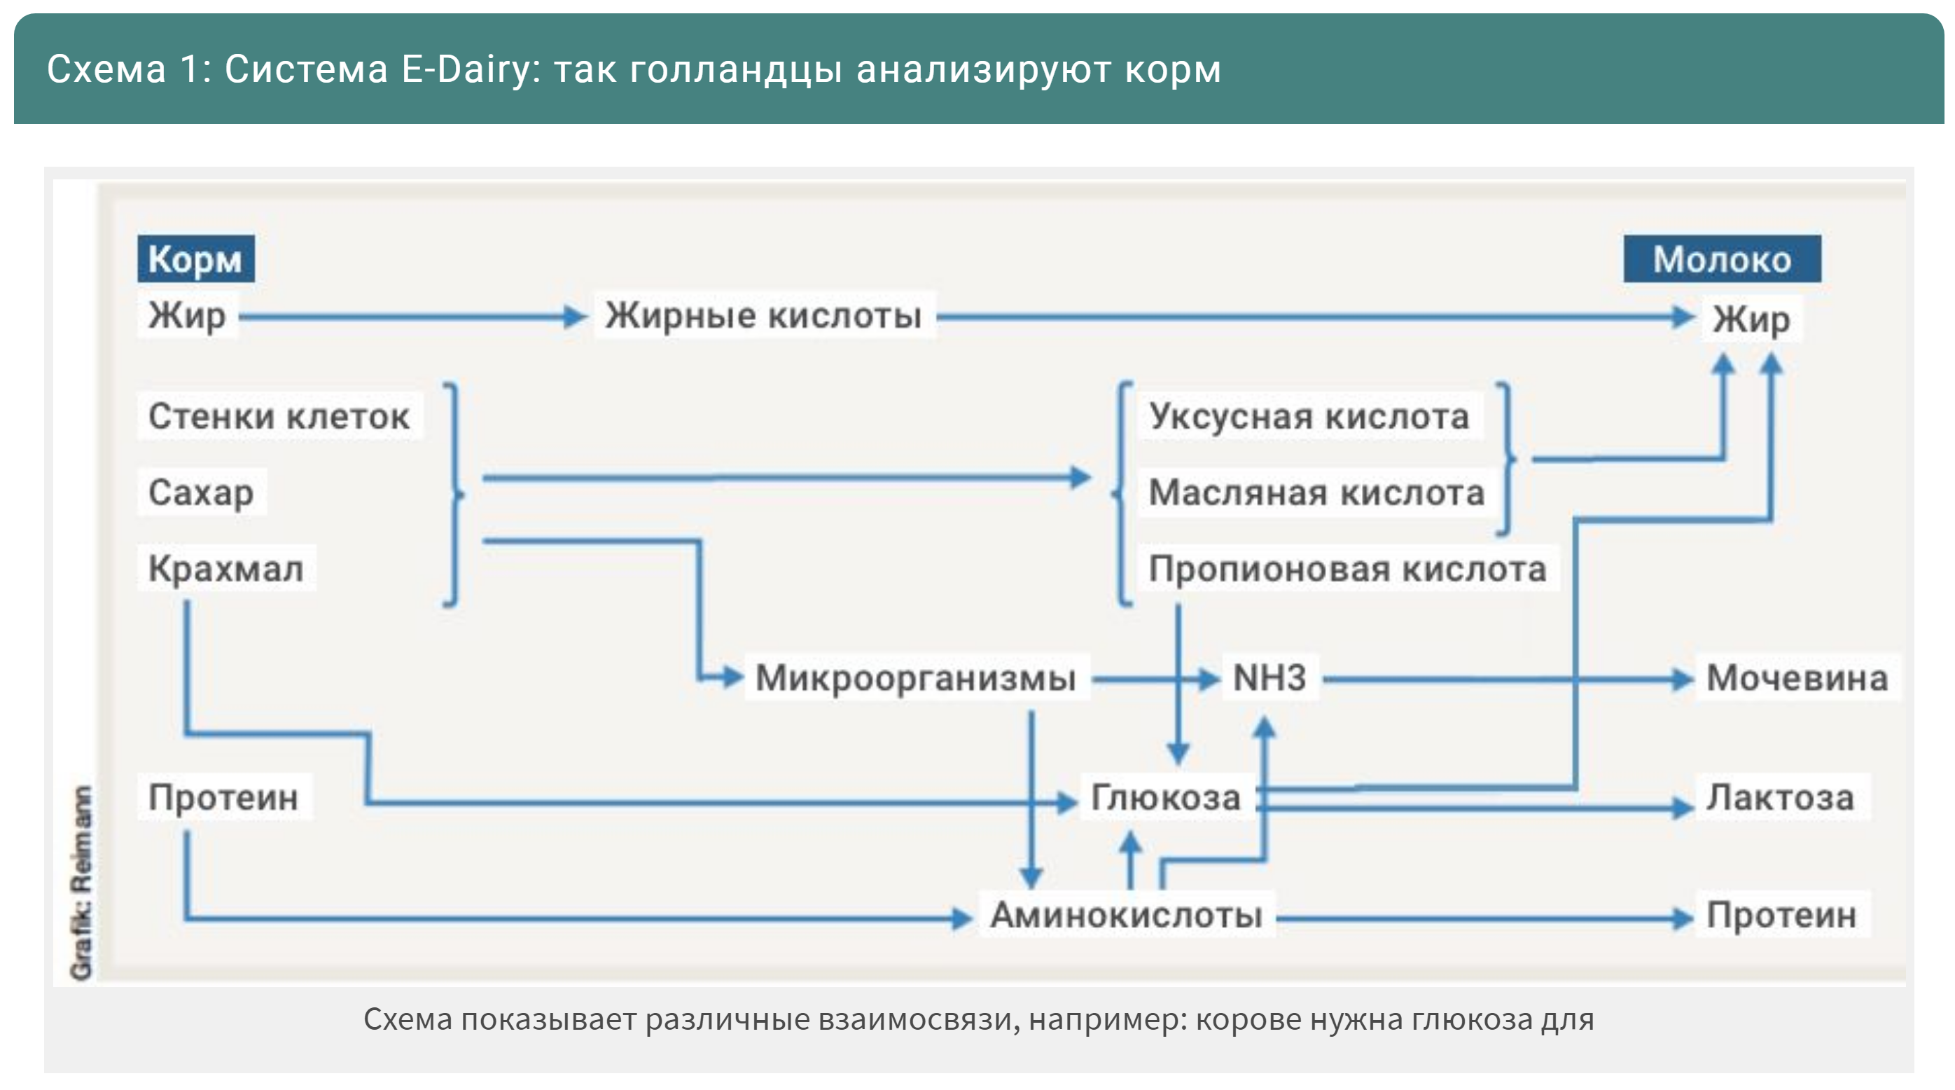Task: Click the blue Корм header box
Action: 195,258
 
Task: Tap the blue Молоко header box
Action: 1721,258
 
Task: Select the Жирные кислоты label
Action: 763,315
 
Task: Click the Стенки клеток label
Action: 279,416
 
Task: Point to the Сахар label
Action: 200,492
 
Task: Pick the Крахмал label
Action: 225,569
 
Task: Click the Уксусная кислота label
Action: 1309,416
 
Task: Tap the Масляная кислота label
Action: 1316,492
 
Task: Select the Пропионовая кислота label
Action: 1347,569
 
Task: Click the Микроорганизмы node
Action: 915,677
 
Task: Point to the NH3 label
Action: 1269,677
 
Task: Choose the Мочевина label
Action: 1796,677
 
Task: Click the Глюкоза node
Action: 1165,797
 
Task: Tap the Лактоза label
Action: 1780,797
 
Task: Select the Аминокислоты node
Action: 1126,915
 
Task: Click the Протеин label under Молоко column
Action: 1781,915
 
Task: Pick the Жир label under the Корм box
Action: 187,315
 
